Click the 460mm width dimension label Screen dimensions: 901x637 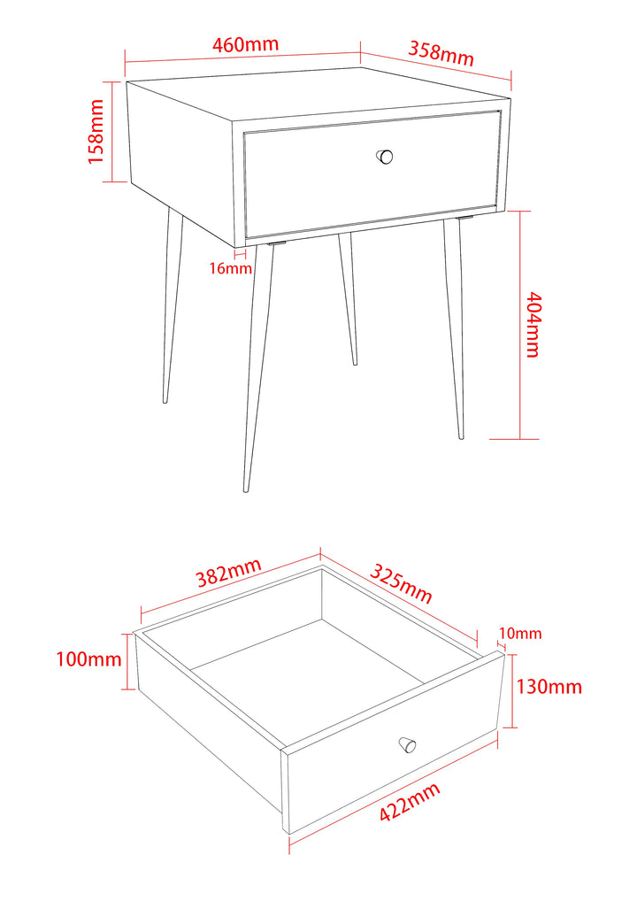point(245,44)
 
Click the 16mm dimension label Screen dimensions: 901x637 point(230,268)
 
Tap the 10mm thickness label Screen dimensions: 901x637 point(520,634)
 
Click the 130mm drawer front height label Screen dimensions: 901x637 point(549,687)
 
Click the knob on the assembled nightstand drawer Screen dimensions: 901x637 point(385,157)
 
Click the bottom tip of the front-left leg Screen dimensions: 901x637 point(247,489)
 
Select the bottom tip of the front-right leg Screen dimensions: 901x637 point(461,436)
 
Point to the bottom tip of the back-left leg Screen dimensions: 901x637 point(165,401)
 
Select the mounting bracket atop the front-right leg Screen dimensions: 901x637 point(464,217)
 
